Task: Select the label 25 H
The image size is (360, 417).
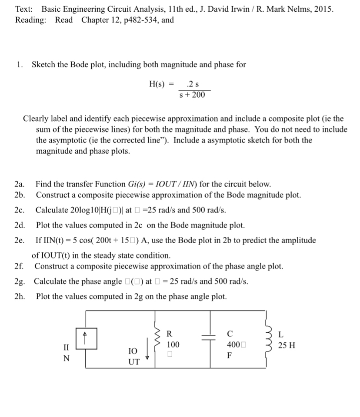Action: pos(287,346)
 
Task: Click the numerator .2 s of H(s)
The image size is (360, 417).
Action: pos(192,84)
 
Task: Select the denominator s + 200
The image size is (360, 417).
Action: pos(192,95)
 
